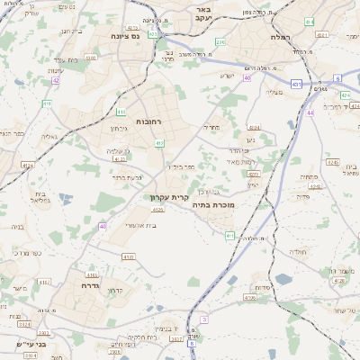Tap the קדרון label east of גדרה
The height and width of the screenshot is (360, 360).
(x=113, y=290)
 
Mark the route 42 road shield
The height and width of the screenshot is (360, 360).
(x=55, y=80)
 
